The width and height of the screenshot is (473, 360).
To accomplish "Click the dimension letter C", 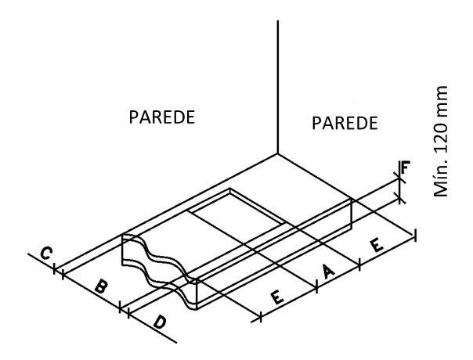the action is tap(46, 254).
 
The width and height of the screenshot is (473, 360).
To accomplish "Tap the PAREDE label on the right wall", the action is tap(345, 123).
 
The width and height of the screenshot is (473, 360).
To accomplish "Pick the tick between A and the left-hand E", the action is tap(317, 286).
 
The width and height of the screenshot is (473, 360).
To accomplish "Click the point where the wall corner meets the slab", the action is tap(279, 153).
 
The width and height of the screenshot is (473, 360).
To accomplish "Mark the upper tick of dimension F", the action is tap(401, 179).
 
